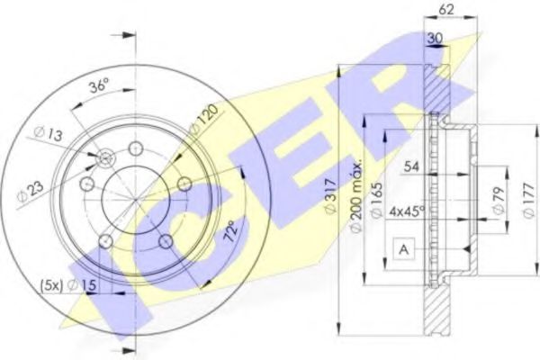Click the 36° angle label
99,87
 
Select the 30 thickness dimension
435,37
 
